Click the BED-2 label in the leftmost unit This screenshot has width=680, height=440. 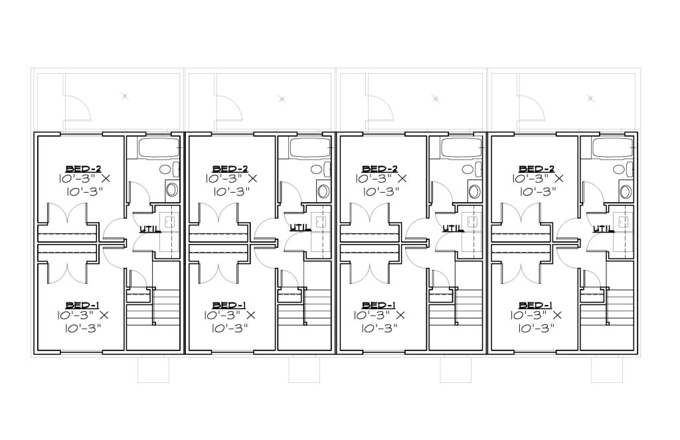point(83,168)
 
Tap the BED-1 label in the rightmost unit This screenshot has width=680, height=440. point(536,305)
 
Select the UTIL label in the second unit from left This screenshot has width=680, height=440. point(300,227)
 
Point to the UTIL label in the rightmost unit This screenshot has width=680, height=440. point(603,228)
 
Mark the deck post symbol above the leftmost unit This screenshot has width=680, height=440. point(125,96)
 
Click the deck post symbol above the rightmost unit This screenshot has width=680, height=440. point(590,98)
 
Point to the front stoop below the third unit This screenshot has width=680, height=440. point(456,370)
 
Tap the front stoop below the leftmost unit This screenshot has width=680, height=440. point(153,370)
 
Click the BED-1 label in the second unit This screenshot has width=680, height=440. point(230,305)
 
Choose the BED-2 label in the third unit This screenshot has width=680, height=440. point(381,168)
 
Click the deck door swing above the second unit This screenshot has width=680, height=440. point(229,107)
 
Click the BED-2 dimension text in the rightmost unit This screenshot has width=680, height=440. point(538,185)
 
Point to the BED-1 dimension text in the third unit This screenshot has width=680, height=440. point(379,322)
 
